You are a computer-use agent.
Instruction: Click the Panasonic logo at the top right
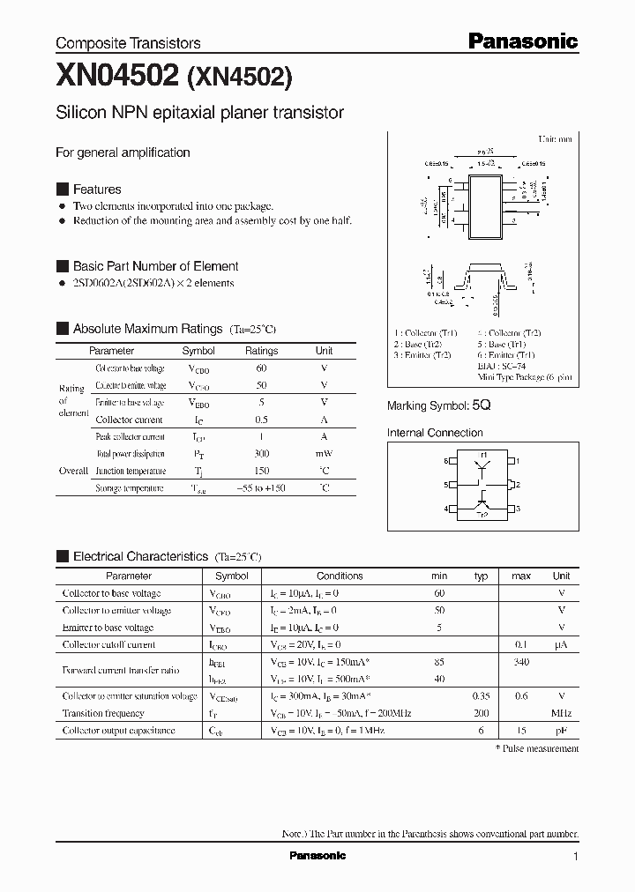522,41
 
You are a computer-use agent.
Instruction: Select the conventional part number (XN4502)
239,78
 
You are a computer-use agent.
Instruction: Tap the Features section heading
97,189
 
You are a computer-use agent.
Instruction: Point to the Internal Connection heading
435,433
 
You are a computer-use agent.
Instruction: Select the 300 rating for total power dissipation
261,453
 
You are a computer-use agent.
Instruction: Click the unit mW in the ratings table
324,453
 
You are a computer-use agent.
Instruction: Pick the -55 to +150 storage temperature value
261,487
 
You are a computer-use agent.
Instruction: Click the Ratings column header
261,350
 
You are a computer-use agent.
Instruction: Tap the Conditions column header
340,576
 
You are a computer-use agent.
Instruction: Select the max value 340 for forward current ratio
521,661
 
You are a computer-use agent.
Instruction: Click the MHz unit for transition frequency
561,713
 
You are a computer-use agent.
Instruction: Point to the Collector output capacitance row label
118,730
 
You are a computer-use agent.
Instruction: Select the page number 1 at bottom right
576,857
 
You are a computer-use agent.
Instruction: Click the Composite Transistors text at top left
128,42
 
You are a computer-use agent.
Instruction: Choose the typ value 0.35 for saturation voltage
481,696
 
